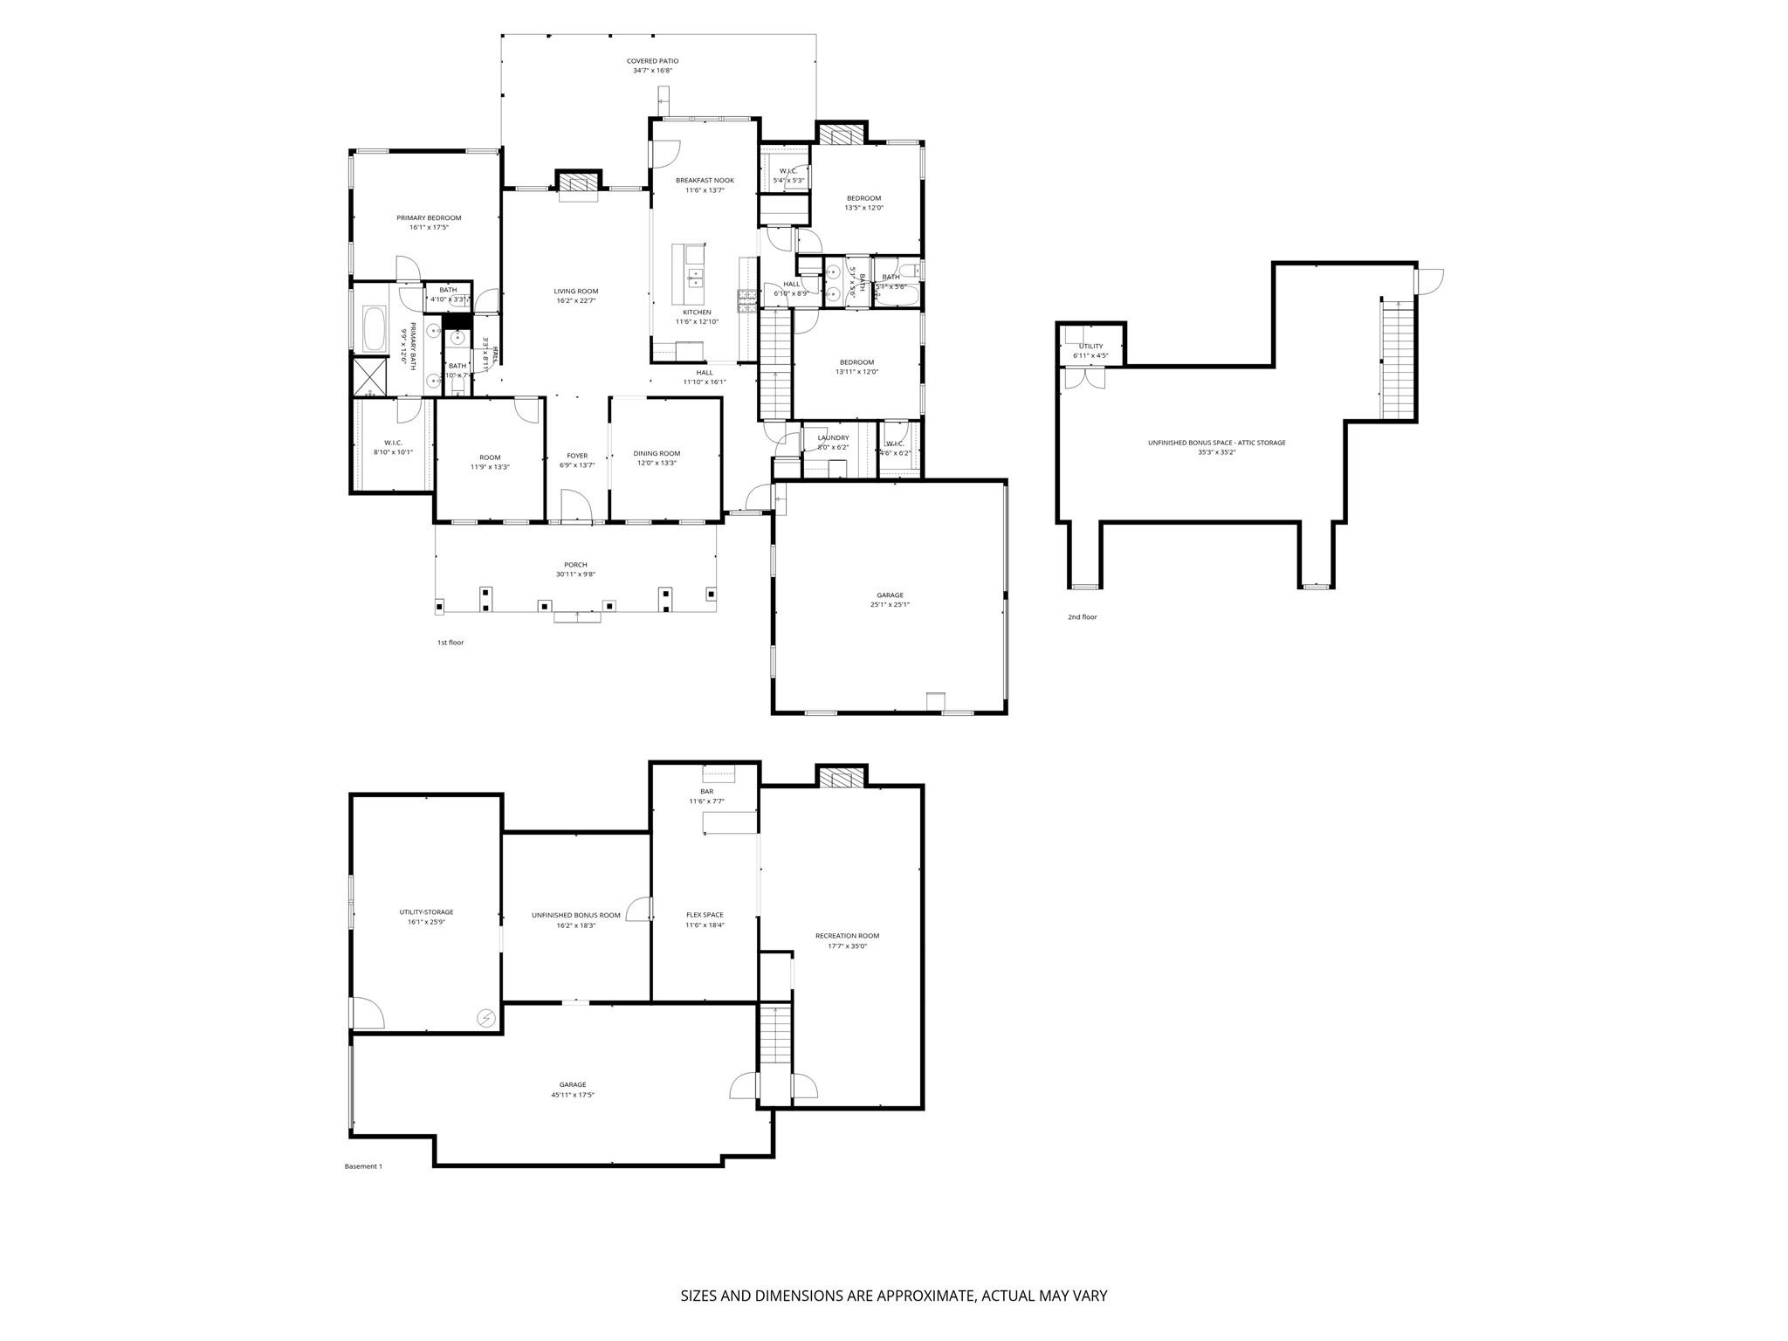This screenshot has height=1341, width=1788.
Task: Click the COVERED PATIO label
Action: click(652, 61)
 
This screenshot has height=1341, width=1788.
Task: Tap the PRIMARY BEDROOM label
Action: click(429, 218)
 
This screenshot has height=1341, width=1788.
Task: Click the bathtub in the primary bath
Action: click(375, 328)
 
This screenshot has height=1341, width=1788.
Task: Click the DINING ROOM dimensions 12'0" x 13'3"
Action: click(657, 464)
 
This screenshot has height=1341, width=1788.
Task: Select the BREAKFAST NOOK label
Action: click(705, 181)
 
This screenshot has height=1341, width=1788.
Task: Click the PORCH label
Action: click(575, 565)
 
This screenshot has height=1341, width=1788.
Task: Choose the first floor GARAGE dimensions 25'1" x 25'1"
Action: click(890, 605)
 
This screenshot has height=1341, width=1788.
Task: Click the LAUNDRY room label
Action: click(833, 438)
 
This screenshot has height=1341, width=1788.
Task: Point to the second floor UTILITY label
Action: click(1090, 347)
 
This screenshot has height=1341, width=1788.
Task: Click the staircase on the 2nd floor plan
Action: click(1396, 360)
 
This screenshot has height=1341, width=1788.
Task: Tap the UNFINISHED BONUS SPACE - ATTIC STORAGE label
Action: click(1216, 443)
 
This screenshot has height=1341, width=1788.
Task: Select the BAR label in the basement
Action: click(706, 792)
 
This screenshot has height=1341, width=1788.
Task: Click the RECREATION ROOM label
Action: click(847, 936)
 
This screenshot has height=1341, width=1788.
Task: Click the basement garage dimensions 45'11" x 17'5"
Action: click(573, 1095)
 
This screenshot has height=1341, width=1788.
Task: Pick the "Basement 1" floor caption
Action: click(363, 1166)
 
